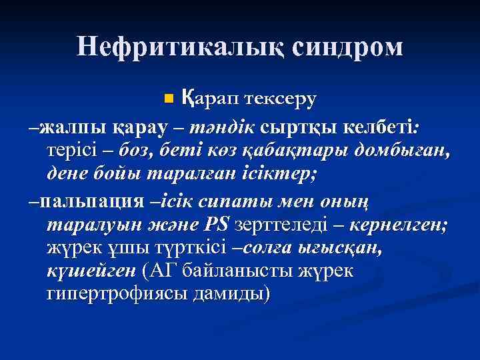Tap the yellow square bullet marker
tap(168, 99)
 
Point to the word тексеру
tap(280, 99)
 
